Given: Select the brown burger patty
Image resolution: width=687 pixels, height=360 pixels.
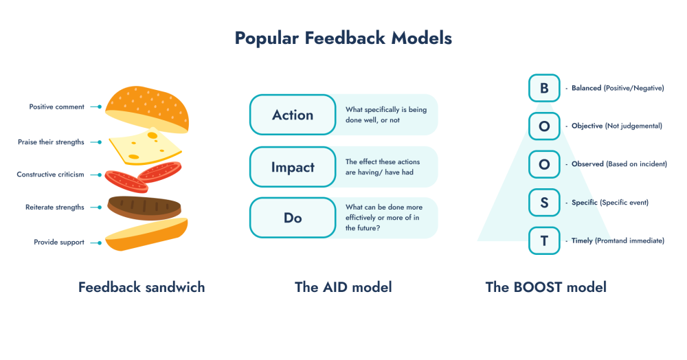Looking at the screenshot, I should click(x=145, y=206).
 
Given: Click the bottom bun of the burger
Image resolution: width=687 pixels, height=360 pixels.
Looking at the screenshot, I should click(x=147, y=236).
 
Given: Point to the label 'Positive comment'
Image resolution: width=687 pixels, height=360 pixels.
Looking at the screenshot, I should click(x=56, y=107).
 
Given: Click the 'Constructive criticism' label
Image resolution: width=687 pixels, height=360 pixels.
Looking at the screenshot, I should click(x=50, y=175).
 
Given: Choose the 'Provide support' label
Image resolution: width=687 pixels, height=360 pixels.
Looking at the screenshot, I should click(x=59, y=242).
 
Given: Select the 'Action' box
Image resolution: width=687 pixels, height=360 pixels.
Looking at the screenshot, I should click(x=293, y=115).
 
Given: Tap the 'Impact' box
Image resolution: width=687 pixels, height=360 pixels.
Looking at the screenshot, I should click(x=293, y=167).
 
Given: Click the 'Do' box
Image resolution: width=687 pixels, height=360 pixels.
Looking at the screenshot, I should click(x=293, y=218).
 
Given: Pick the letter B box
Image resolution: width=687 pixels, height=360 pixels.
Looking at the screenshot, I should click(x=544, y=88).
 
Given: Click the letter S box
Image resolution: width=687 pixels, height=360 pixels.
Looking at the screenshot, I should click(x=544, y=203).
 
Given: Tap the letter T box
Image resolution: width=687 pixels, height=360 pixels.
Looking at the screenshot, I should click(x=544, y=241).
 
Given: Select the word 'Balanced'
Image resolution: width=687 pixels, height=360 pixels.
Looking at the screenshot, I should click(x=586, y=88).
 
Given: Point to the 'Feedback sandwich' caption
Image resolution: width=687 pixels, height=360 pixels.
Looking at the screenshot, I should click(x=142, y=287).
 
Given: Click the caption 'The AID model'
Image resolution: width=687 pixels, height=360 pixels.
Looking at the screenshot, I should click(x=343, y=287).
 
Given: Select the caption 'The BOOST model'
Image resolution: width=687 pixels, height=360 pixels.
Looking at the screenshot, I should click(x=545, y=287).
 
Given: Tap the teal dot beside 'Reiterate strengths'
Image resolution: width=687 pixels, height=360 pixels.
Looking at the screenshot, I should click(x=100, y=207).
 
